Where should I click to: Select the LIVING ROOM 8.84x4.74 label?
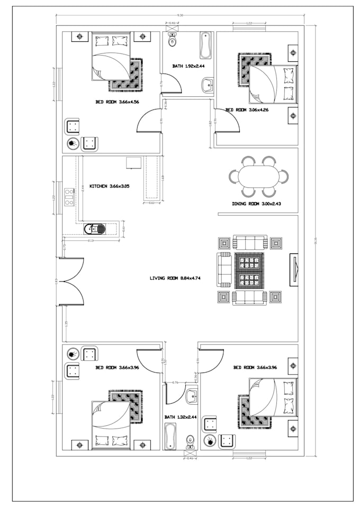(x=170, y=277)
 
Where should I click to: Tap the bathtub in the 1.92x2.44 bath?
(x=205, y=46)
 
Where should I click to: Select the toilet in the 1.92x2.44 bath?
(x=172, y=40)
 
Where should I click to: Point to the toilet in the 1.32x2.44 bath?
(x=190, y=440)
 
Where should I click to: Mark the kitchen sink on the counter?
(x=95, y=229)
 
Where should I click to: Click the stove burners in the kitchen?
(x=68, y=196)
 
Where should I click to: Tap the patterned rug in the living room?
(x=249, y=270)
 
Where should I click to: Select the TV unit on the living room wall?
(x=293, y=270)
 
